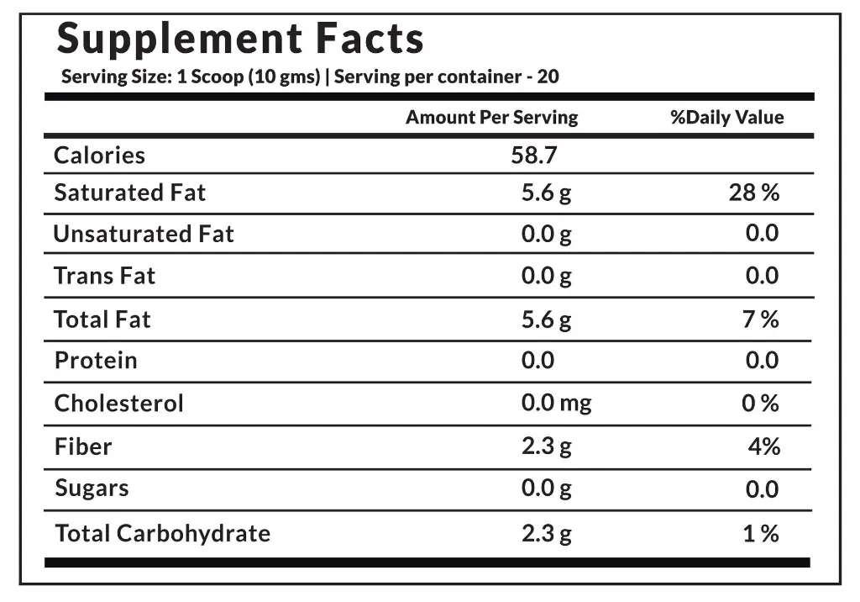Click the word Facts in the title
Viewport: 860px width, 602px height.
[x=370, y=40]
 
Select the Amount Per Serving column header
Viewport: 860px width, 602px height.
[x=491, y=118]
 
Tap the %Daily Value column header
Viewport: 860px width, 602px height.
[x=726, y=118]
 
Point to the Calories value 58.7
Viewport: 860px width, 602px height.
[x=534, y=156]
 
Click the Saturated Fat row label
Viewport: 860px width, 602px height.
[x=129, y=193]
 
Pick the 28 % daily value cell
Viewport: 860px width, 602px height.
[x=753, y=193]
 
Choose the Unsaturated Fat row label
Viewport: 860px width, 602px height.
[x=144, y=234]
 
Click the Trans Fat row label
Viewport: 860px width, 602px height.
[x=105, y=276]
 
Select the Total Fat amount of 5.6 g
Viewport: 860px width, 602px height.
[x=546, y=320]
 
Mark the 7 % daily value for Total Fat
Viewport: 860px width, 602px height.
[x=760, y=320]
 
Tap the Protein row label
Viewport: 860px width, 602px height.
[x=96, y=361]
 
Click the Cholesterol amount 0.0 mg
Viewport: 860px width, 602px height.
[x=556, y=404]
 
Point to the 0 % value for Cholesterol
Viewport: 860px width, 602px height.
[x=760, y=404]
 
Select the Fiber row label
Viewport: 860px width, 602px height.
[x=83, y=446]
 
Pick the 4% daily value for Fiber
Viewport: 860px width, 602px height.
[x=764, y=446]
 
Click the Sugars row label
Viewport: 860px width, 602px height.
[x=92, y=488]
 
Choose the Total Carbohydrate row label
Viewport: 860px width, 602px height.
[x=162, y=533]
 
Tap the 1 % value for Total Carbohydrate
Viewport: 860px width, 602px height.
[x=760, y=534]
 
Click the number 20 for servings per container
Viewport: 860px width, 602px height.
[x=548, y=77]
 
